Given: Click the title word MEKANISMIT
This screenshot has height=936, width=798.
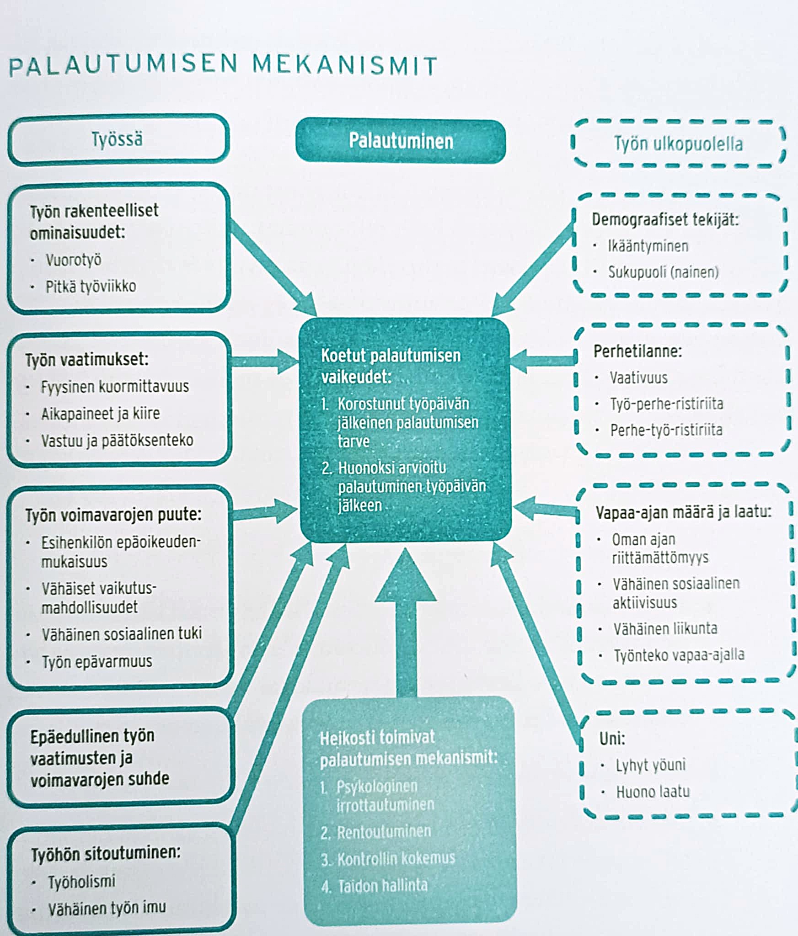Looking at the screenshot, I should (x=345, y=65).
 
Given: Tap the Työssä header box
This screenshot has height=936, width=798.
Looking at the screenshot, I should (x=118, y=139).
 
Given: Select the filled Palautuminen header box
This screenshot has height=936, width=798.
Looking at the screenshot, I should (x=401, y=141).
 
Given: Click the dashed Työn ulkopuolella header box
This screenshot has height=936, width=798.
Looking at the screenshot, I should (x=678, y=144).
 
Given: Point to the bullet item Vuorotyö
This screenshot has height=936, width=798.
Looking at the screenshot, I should (x=73, y=260).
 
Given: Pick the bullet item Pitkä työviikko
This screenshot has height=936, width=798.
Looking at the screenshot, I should (x=91, y=287).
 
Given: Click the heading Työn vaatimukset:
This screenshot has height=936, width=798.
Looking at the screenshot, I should (x=87, y=360).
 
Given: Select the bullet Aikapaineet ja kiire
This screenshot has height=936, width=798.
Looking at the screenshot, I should (x=101, y=414).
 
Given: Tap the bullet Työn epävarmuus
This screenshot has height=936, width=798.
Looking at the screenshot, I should (x=97, y=661).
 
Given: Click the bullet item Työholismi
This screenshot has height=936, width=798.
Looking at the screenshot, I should (x=82, y=881).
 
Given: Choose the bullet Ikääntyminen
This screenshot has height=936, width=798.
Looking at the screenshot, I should (x=648, y=246).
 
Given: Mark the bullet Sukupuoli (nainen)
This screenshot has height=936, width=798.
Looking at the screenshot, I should (x=663, y=272).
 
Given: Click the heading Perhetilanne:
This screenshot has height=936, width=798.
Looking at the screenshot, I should (x=637, y=351).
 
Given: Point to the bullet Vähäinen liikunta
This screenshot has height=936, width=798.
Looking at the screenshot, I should (x=665, y=628).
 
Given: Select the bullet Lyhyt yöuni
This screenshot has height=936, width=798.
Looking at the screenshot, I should (x=650, y=765).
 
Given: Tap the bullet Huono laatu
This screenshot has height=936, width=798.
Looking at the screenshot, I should (x=653, y=792).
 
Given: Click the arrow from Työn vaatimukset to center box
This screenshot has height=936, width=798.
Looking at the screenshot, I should (x=265, y=362).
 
